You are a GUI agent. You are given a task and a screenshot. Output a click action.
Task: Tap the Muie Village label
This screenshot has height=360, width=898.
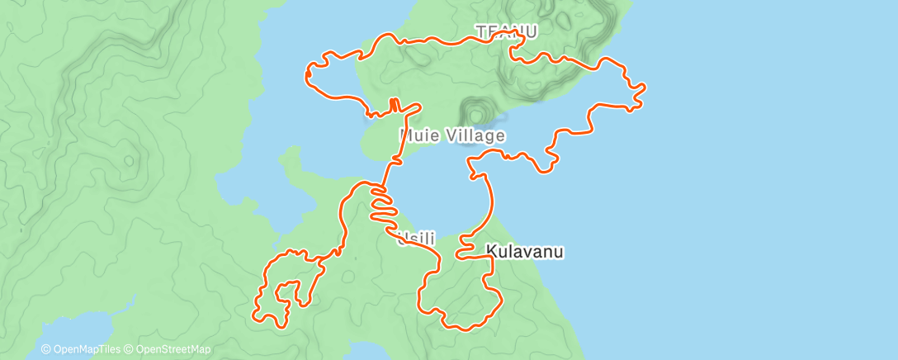pyautogui.click(x=451, y=135)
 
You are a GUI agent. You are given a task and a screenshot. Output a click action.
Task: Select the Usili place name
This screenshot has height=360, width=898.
pyautogui.click(x=415, y=239)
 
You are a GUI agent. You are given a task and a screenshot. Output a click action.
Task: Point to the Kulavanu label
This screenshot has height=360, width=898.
pyautogui.click(x=525, y=251)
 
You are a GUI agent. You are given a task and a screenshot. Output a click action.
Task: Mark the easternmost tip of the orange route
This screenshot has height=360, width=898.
pyautogui.click(x=644, y=87)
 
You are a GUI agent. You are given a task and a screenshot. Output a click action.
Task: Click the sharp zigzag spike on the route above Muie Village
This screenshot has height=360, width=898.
pyautogui.click(x=394, y=105)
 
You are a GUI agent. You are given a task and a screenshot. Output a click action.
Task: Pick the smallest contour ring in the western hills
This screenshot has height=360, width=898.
pyautogui.click(x=130, y=159)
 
